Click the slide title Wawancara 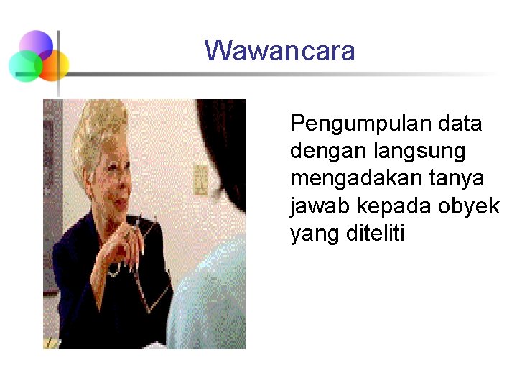(279, 51)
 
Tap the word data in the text (460, 124)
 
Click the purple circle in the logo (36, 45)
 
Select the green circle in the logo (25, 66)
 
